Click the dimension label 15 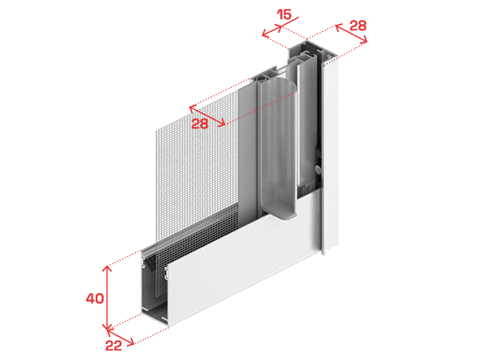pos(284,14)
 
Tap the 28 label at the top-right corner pos(358,26)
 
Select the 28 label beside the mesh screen pos(200,124)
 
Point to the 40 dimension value pos(95,299)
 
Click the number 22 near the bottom pos(113,346)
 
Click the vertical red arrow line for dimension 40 pos(107,299)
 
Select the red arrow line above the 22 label pos(120,336)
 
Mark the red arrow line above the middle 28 pos(207,116)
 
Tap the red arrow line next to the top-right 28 pos(351,34)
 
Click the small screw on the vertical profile pos(319,168)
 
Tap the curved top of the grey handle pos(279,83)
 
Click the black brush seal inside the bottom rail pos(151,263)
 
